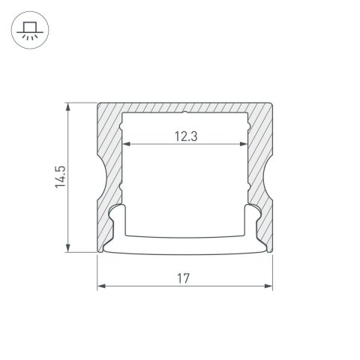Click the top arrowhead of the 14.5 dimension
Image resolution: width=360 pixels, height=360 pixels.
point(70,106)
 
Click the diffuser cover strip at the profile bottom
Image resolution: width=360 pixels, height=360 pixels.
point(184,247)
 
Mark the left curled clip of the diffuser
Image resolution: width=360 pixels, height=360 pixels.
point(115,217)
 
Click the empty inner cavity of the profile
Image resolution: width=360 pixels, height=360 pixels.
point(184,187)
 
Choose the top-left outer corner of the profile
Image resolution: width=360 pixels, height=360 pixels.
point(97,102)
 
